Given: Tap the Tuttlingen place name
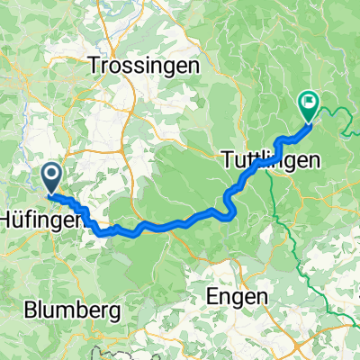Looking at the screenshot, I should click(270, 161).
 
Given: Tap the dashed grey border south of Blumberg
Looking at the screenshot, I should click(108, 346).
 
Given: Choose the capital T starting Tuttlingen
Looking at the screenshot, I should click(225, 161).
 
